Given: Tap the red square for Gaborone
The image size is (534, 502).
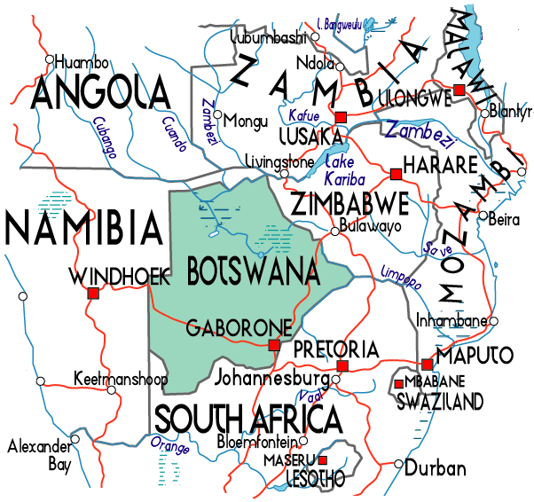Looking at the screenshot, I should pos(274,345).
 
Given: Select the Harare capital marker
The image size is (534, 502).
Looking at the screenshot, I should pos(396,172).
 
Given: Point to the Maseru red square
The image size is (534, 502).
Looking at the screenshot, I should pos(322,459).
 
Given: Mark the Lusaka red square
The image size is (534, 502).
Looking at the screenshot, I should pos(341,117).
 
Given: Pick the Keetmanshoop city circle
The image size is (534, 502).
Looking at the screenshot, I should pos(111,389).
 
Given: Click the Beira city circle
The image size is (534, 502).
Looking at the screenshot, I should pos(481,216).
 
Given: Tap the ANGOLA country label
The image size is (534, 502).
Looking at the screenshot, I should pos(99,93).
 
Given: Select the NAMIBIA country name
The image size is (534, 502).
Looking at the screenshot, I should pos(84,227).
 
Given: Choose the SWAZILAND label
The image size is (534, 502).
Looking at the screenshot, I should pos(441,402).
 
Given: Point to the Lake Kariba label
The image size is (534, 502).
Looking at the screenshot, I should pos(342,169).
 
